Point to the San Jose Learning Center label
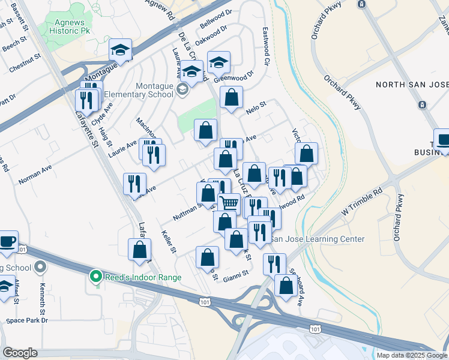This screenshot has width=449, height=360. (x=316, y=239)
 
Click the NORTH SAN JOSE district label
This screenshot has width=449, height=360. (x=412, y=85)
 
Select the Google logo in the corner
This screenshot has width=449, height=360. (x=20, y=353)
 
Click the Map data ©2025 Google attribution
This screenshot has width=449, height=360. (x=412, y=355)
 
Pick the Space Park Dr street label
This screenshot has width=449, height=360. (x=26, y=320)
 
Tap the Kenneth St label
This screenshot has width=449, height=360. (x=42, y=294)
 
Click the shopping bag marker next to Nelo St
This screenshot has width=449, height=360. (x=231, y=97)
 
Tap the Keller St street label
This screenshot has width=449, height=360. (x=170, y=241)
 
